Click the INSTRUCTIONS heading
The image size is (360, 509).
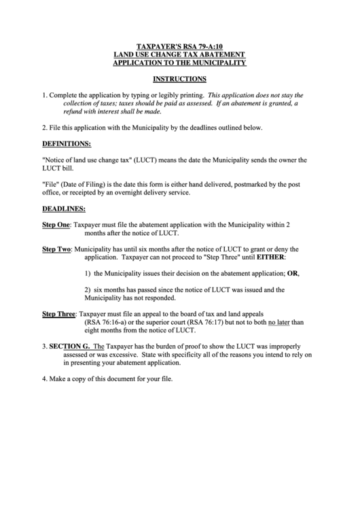pos(179,79)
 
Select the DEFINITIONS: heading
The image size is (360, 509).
pos(67,144)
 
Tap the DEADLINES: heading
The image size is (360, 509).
pos(64,208)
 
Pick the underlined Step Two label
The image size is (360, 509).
pos(56,249)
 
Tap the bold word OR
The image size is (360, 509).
pos(293,273)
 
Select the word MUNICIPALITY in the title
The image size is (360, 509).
pos(215,63)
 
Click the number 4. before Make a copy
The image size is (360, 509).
pos(45,379)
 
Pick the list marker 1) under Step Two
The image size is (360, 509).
pos(88,273)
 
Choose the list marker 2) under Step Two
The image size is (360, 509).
pos(88,289)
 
